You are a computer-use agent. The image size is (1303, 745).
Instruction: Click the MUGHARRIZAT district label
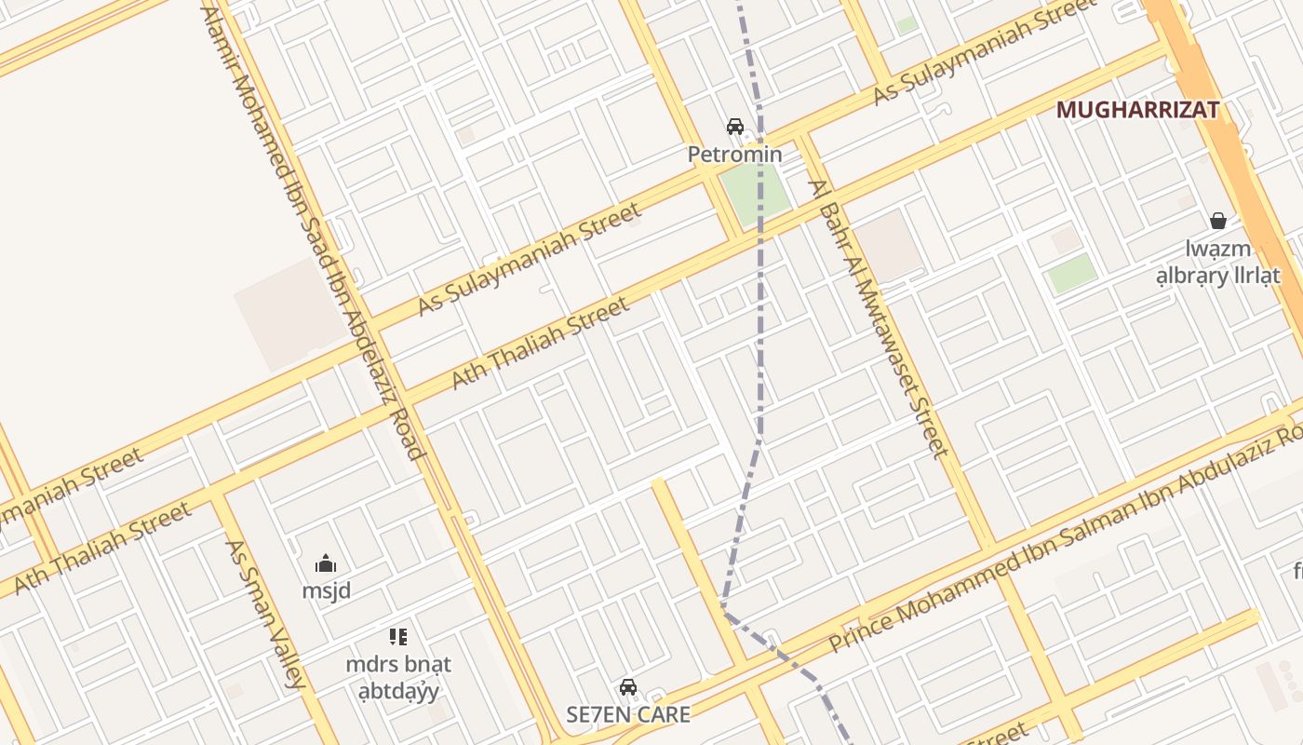(1137, 110)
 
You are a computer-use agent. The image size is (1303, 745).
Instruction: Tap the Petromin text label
(734, 155)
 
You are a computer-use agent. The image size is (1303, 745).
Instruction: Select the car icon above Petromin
(734, 127)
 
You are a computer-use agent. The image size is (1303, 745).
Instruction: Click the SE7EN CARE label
(628, 714)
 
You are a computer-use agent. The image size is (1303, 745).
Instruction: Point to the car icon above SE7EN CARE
(628, 687)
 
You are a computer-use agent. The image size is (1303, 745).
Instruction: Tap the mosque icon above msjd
(326, 563)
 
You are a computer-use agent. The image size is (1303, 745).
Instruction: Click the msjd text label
(326, 590)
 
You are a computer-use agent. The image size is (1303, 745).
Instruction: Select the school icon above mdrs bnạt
(398, 637)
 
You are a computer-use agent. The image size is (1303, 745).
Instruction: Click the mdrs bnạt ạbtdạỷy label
(398, 677)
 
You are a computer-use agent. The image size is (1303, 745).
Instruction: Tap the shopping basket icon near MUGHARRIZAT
(1217, 221)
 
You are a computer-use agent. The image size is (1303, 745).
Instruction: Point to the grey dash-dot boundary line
(760, 307)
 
